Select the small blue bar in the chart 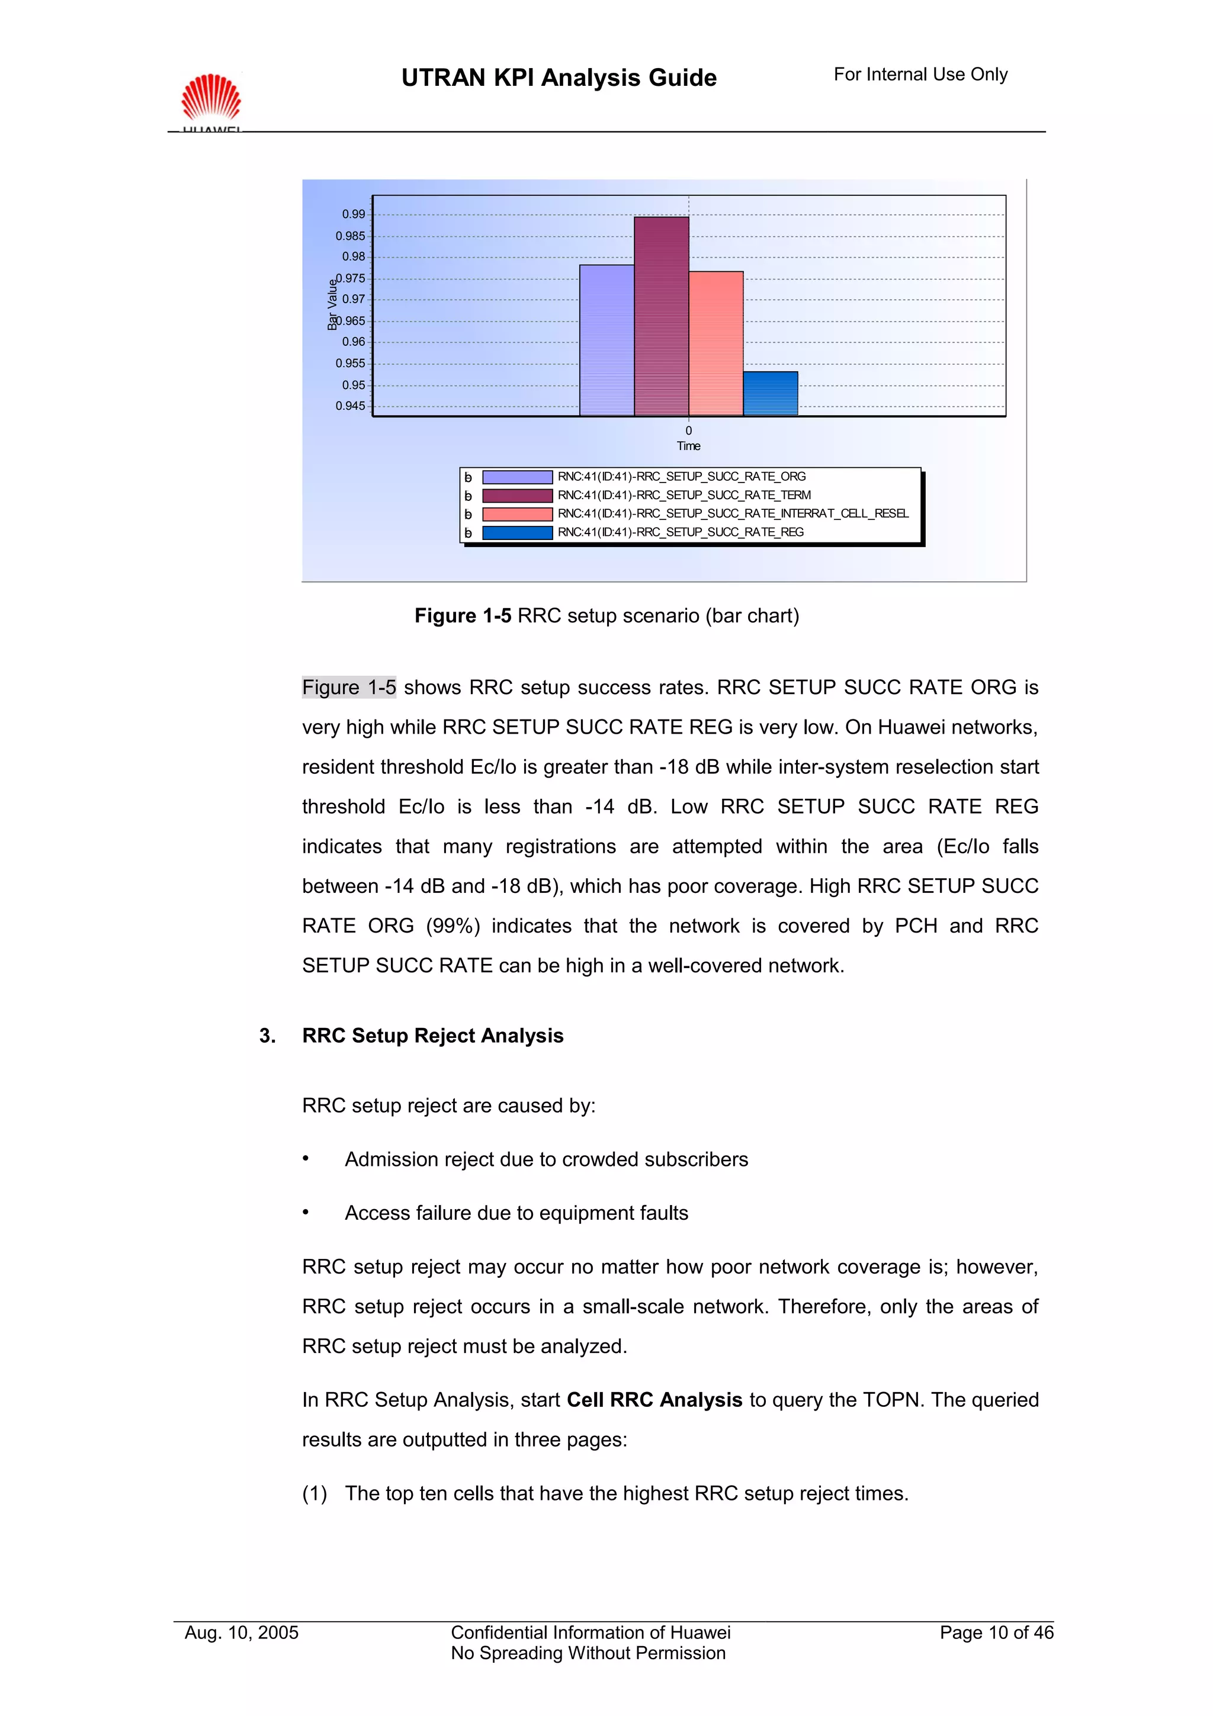pyautogui.click(x=770, y=394)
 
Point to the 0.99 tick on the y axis pyautogui.click(x=354, y=214)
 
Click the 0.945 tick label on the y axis pyautogui.click(x=350, y=406)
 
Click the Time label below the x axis pyautogui.click(x=688, y=446)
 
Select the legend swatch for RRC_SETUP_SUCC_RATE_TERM pyautogui.click(x=517, y=496)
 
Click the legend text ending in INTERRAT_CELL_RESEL pyautogui.click(x=733, y=513)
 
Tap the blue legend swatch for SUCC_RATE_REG pyautogui.click(x=517, y=533)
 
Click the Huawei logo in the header pyautogui.click(x=211, y=99)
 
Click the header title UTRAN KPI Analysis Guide pyautogui.click(x=559, y=78)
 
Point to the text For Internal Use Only pyautogui.click(x=920, y=75)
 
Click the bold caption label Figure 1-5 pyautogui.click(x=463, y=616)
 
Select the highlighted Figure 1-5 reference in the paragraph pyautogui.click(x=349, y=687)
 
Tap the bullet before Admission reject pyautogui.click(x=306, y=1158)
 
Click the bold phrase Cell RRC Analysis pyautogui.click(x=654, y=1400)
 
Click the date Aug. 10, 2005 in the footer pyautogui.click(x=242, y=1633)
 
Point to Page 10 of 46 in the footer pyautogui.click(x=996, y=1633)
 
